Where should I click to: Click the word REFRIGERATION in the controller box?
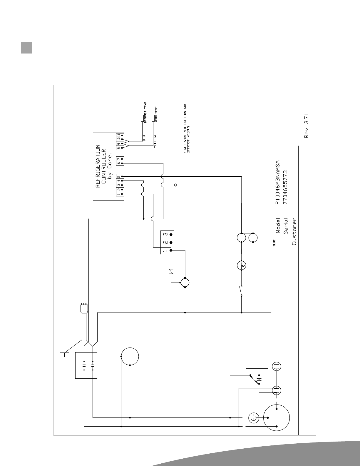pyautogui.click(x=98, y=166)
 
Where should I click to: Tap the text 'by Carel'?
pyautogui.click(x=110, y=166)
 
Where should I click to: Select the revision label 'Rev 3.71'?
pyautogui.click(x=307, y=126)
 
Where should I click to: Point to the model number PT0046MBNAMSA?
pyautogui.click(x=278, y=182)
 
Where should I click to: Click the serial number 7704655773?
pyautogui.click(x=285, y=187)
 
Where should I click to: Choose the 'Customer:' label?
pyautogui.click(x=294, y=231)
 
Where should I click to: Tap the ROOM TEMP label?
pyautogui.click(x=156, y=115)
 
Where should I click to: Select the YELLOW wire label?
pyautogui.click(x=155, y=141)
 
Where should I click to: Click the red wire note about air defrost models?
pyautogui.click(x=187, y=128)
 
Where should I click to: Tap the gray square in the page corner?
pyautogui.click(x=26, y=48)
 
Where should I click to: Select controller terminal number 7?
pyautogui.click(x=118, y=159)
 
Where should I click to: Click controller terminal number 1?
pyautogui.click(x=118, y=194)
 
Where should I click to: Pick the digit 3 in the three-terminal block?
pyautogui.click(x=165, y=235)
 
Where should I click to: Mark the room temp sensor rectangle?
pyautogui.click(x=153, y=118)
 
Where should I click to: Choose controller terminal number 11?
pyautogui.click(x=118, y=135)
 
